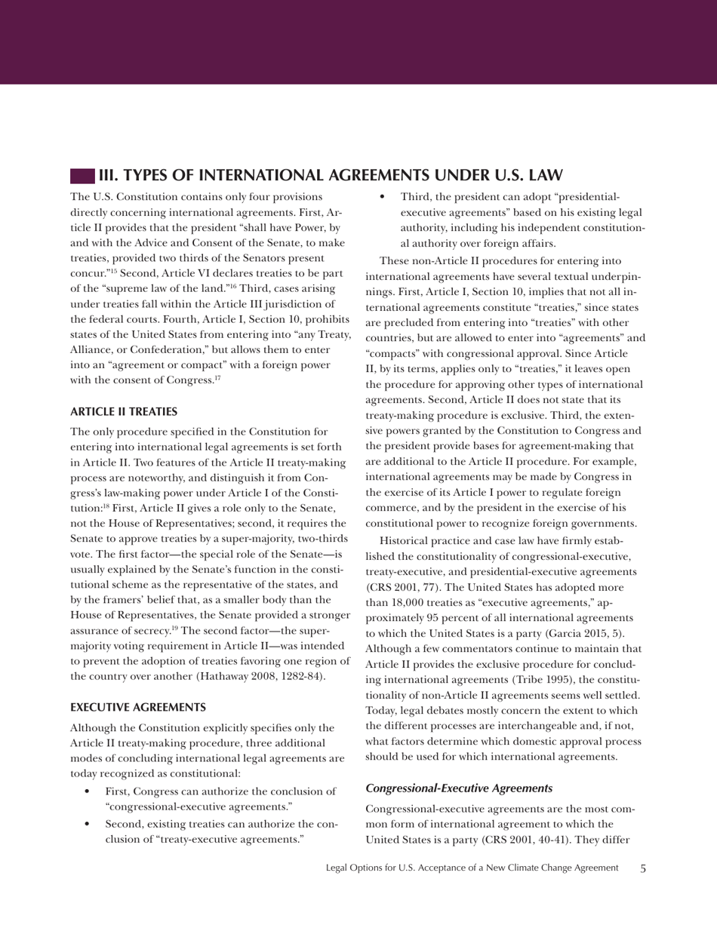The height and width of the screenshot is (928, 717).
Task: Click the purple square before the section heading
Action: (x=82, y=176)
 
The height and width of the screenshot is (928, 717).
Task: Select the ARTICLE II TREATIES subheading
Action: (x=124, y=412)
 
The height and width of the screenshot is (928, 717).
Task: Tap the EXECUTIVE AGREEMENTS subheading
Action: (x=138, y=708)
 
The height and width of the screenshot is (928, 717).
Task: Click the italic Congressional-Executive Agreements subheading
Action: (x=459, y=788)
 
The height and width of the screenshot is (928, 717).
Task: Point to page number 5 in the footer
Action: (x=642, y=868)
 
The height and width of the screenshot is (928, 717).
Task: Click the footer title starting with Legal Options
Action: (x=472, y=868)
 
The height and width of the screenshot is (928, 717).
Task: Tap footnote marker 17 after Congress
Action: (x=217, y=378)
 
